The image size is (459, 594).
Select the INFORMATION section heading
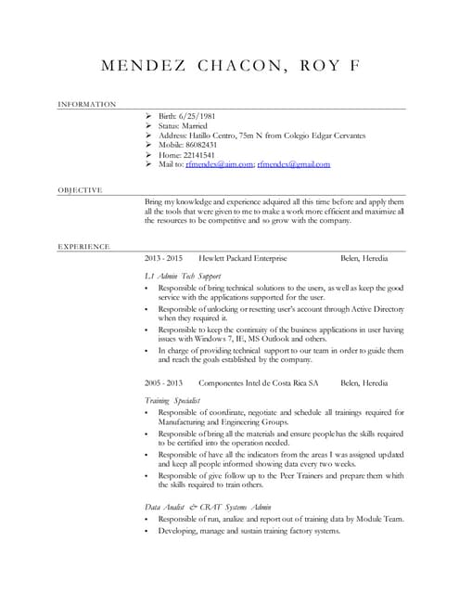86,105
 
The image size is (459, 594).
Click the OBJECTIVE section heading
80,190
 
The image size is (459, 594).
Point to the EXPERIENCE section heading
83,247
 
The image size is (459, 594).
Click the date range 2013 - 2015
163,257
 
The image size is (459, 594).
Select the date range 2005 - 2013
163,382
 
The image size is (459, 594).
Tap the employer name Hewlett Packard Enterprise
243,257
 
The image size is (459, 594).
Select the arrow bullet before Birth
149,115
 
